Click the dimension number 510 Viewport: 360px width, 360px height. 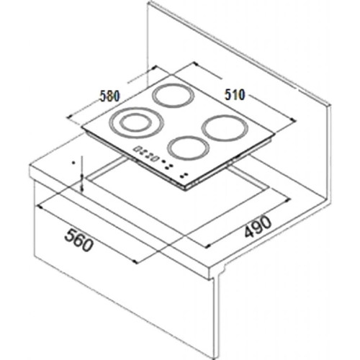pyautogui.click(x=235, y=94)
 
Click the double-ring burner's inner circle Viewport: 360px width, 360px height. pyautogui.click(x=131, y=122)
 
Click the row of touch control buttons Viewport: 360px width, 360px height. pyautogui.click(x=145, y=153)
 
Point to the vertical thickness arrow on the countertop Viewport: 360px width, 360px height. pyautogui.click(x=84, y=175)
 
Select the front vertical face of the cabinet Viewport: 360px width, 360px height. pyautogui.click(x=122, y=288)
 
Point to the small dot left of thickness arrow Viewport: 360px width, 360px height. pyautogui.click(x=73, y=163)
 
